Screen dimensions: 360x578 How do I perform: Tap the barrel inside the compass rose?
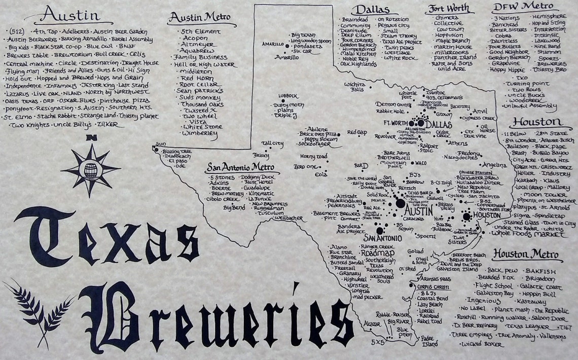pyautogui.click(x=91, y=171)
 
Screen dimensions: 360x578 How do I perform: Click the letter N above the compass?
pyautogui.click(x=91, y=138)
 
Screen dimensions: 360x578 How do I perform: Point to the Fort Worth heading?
pyautogui.click(x=449, y=9)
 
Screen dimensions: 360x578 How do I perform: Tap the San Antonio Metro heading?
pyautogui.click(x=239, y=167)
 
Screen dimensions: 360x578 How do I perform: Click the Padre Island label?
pyautogui.click(x=430, y=341)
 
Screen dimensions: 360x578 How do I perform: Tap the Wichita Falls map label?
pyautogui.click(x=354, y=86)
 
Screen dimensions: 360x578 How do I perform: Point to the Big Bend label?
pyautogui.click(x=234, y=207)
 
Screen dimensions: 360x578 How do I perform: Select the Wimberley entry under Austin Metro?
pyautogui.click(x=199, y=134)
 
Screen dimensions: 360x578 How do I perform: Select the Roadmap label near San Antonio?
pyautogui.click(x=374, y=253)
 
